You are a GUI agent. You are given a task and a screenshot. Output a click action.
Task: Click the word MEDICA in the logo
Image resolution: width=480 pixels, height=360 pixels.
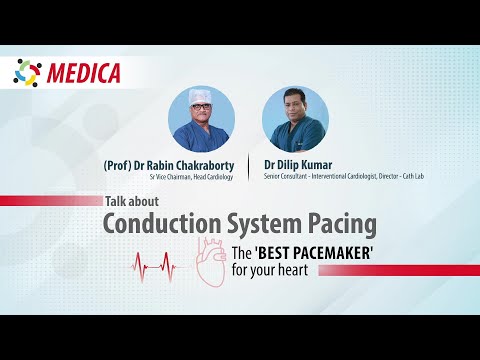(x=83, y=73)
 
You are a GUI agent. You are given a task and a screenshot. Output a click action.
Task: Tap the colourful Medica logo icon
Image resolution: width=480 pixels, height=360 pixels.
(x=27, y=73)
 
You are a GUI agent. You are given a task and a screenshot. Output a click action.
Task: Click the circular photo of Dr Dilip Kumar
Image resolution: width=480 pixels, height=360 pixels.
(x=294, y=118)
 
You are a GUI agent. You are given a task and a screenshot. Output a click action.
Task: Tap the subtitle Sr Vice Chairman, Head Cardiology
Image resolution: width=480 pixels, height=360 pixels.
(x=190, y=177)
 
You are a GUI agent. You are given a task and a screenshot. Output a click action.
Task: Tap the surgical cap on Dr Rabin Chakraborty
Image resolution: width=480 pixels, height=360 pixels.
(x=202, y=98)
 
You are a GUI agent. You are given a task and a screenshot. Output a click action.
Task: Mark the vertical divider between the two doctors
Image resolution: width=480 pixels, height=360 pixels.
(x=248, y=164)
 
